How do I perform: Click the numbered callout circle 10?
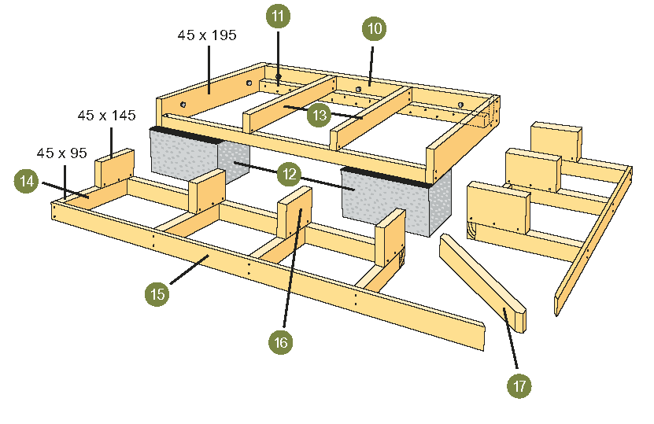(375, 29)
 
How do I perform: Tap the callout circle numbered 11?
(277, 16)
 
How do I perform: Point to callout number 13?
(319, 115)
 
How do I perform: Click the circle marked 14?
(26, 181)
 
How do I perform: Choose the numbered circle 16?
(280, 341)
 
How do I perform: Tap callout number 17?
(519, 385)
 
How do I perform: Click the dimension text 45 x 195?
(207, 35)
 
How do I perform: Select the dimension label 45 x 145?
(106, 116)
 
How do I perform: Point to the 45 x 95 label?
(61, 153)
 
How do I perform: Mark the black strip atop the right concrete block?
(386, 177)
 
